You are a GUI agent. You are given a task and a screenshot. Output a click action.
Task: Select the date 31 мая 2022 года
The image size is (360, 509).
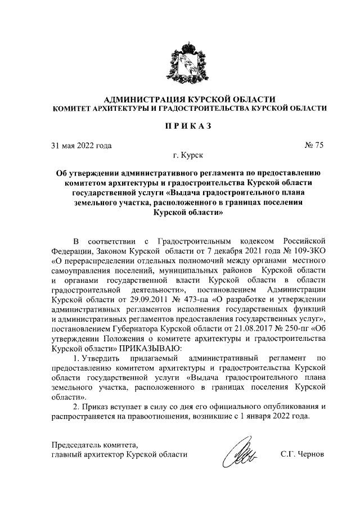81,146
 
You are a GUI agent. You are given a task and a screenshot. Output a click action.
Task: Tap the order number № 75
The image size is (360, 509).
314,146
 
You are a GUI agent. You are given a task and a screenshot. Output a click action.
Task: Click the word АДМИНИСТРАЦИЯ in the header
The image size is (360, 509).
132,99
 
